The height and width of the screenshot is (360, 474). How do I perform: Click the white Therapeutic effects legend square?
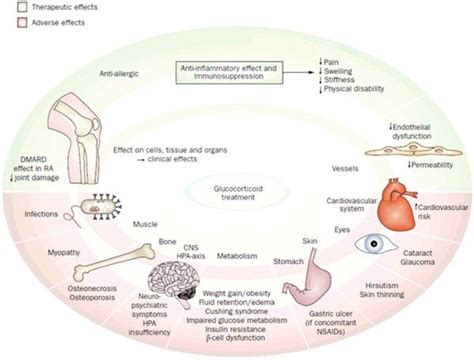[8, 6]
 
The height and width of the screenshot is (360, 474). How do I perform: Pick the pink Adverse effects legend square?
[8, 22]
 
